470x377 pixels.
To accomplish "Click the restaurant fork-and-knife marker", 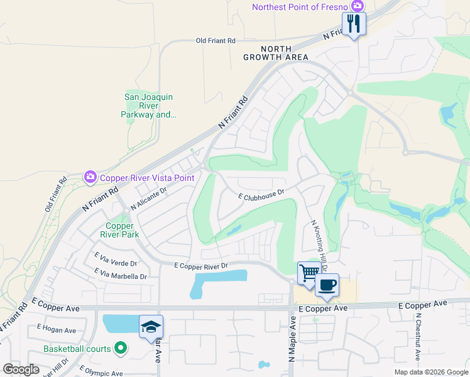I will click(x=354, y=25).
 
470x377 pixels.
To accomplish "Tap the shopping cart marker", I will click(x=309, y=273).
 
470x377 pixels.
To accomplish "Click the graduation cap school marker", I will click(x=151, y=327).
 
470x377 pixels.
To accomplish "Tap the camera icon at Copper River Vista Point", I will click(x=89, y=178).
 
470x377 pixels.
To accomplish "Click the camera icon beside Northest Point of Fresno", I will click(x=358, y=6).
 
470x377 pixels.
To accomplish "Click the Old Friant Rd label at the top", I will click(x=216, y=41).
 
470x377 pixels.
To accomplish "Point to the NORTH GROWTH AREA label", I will click(x=276, y=53).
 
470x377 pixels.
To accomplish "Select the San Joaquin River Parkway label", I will click(x=148, y=106).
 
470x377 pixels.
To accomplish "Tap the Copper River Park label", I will click(x=119, y=231).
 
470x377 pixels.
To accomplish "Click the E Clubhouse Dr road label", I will click(x=261, y=196).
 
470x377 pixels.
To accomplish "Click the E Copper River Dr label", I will click(x=200, y=266).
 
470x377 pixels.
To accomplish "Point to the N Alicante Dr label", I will click(x=148, y=199).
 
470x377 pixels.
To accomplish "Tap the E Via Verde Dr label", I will click(x=116, y=260).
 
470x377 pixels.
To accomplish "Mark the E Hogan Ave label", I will click(x=56, y=330).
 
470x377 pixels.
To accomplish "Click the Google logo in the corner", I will click(x=21, y=369).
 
